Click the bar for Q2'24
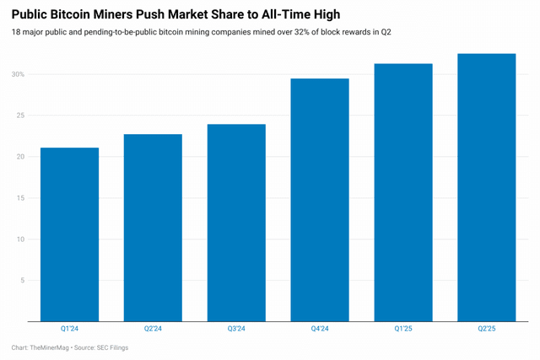(x=153, y=228)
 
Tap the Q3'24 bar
(x=236, y=223)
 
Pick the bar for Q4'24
(x=319, y=200)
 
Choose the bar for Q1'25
(x=402, y=192)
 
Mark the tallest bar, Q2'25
(x=486, y=187)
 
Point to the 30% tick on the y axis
(x=18, y=74)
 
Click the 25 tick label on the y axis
(x=20, y=116)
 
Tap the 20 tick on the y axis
(x=20, y=157)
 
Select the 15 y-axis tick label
(x=20, y=198)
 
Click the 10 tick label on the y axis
(x=20, y=239)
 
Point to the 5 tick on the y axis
(x=23, y=281)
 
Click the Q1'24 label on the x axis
(x=69, y=330)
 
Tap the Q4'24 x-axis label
(x=319, y=330)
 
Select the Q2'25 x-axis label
(x=486, y=330)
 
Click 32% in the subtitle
(x=276, y=32)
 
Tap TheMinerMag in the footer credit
(x=52, y=347)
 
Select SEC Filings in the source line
(x=110, y=347)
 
